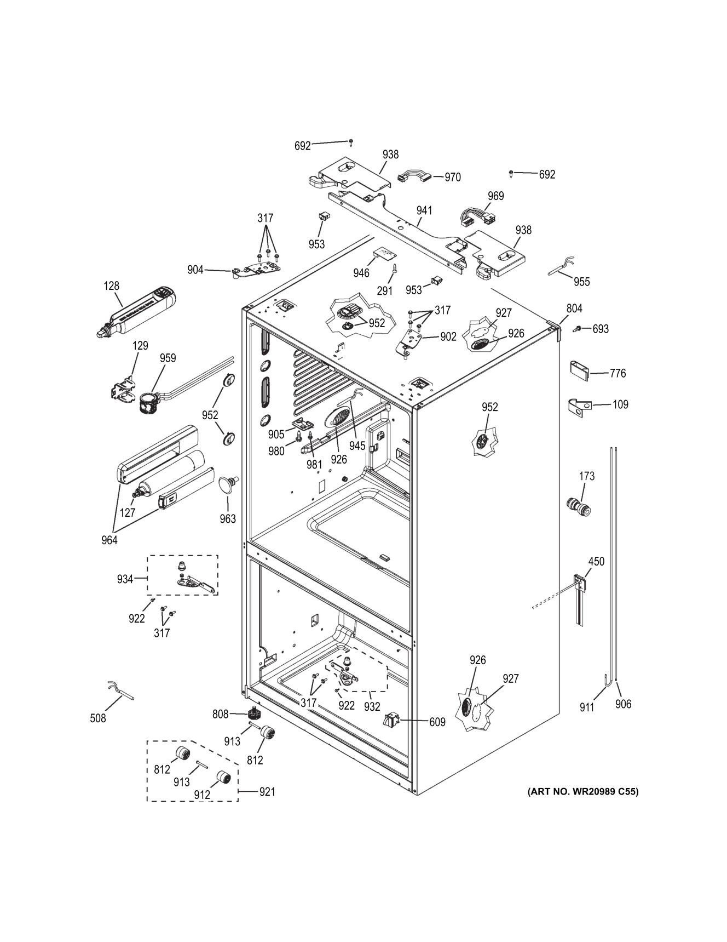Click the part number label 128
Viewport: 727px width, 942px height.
(x=112, y=286)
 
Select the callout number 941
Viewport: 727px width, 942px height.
(x=424, y=210)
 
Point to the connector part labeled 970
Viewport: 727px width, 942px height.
(x=414, y=176)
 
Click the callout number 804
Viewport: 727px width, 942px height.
(x=574, y=309)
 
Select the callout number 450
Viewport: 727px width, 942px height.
(x=596, y=562)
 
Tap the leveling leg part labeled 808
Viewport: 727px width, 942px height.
(x=253, y=714)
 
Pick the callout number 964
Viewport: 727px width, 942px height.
(x=109, y=540)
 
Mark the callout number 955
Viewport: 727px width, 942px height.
(x=582, y=282)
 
